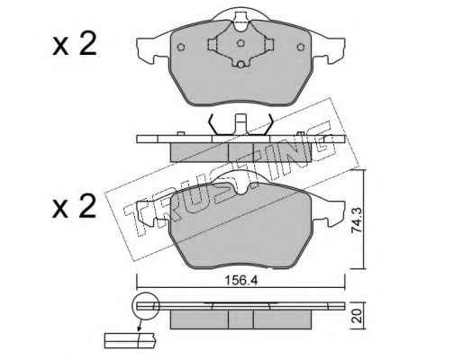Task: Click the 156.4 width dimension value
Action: tap(241, 281)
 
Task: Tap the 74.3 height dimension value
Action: tap(358, 221)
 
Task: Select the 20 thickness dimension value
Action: tap(357, 316)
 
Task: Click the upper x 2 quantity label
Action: tap(75, 44)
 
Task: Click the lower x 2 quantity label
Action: tap(75, 206)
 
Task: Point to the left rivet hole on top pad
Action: tap(181, 47)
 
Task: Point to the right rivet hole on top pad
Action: tap(301, 47)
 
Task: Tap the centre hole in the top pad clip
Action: tap(241, 43)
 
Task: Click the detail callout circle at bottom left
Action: tap(145, 305)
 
